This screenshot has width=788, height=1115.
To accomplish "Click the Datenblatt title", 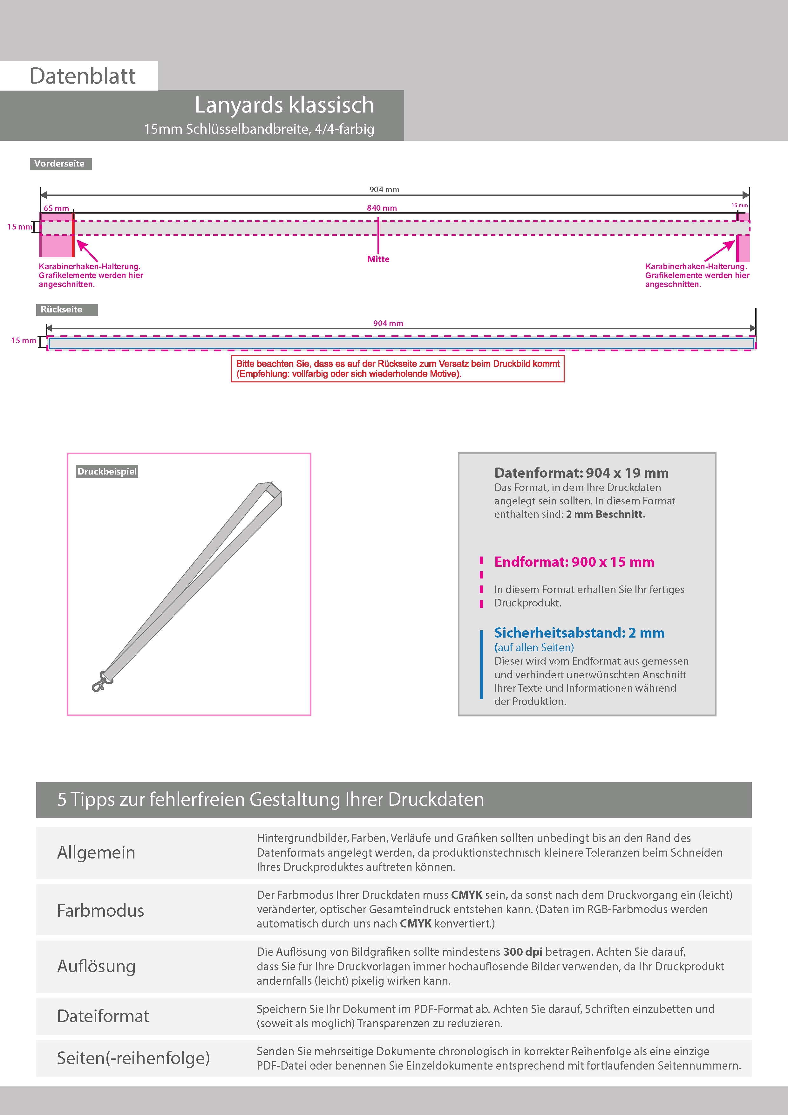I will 83,76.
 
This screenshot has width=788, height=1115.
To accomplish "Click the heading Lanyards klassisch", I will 284,105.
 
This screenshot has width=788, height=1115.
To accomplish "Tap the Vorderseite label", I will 60,164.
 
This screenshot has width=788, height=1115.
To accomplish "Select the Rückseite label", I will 62,310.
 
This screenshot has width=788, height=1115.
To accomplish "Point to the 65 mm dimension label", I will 56,208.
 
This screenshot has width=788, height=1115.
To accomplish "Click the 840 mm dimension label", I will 382,208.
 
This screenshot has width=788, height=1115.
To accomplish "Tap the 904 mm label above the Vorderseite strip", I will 384,189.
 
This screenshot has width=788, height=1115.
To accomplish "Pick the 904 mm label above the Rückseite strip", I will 388,324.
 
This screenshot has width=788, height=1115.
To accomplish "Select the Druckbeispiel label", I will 107,472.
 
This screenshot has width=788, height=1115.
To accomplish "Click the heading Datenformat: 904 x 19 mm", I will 581,473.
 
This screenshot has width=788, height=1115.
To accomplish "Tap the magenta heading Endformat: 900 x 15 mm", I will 574,562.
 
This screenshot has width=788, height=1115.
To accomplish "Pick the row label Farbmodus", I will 100,911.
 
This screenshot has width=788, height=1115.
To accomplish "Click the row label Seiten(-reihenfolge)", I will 133,1058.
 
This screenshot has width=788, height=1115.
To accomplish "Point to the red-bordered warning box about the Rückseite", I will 397,369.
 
